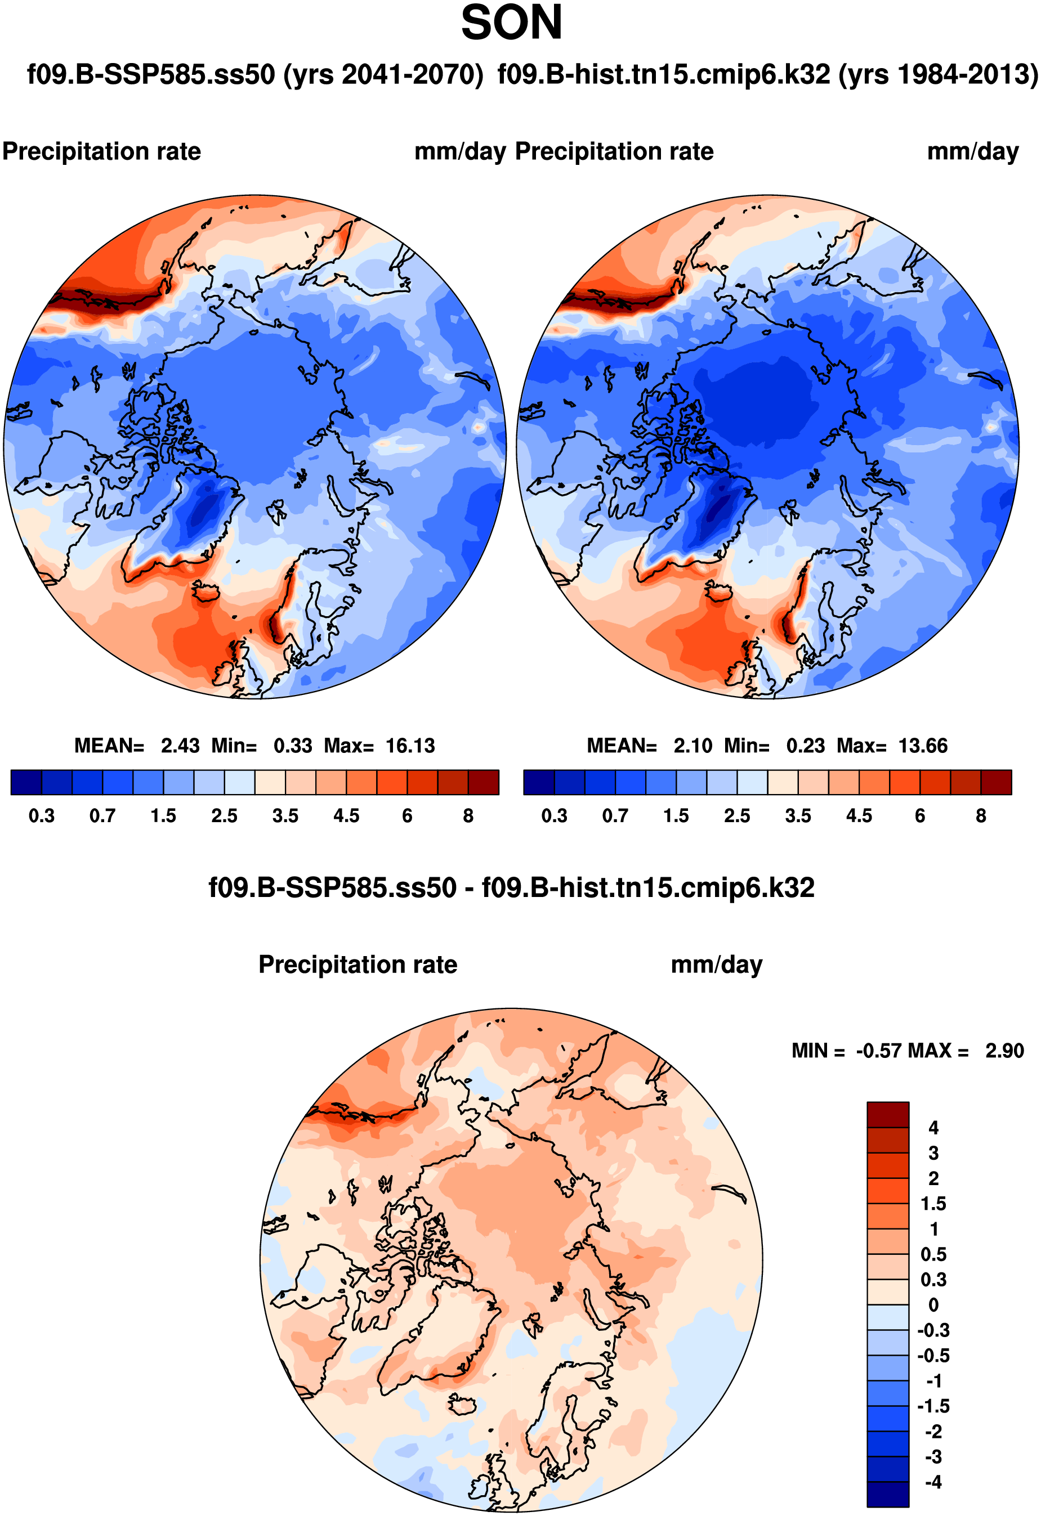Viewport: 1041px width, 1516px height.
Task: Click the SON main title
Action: tap(511, 23)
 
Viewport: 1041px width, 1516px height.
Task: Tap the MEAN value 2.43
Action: tap(180, 746)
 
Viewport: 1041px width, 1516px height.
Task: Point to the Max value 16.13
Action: tap(410, 746)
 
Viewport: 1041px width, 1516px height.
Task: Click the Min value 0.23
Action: tap(806, 746)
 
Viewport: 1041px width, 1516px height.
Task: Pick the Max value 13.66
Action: tap(923, 746)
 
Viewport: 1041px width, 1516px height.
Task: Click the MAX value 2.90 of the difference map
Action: tap(1004, 1051)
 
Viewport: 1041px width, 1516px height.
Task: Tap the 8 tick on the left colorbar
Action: tap(468, 816)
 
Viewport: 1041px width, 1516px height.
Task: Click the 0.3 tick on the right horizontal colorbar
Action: tap(554, 816)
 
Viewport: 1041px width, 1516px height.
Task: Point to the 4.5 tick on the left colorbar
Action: tap(346, 816)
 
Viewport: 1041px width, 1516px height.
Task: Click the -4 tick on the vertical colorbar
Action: tap(933, 1483)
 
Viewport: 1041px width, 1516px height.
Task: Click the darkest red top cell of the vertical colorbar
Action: tap(888, 1115)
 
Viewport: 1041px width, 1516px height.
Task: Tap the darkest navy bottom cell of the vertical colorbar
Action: tap(888, 1495)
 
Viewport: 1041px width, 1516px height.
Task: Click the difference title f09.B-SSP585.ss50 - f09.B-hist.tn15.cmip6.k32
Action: tap(511, 888)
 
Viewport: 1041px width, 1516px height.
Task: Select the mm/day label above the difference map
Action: tap(717, 965)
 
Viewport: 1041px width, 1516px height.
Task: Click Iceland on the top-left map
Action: tap(208, 593)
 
